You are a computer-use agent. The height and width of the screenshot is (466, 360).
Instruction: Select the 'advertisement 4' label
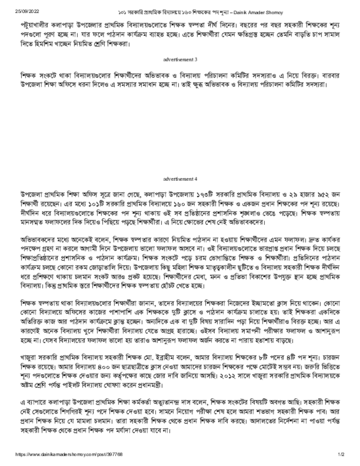coord(180,179)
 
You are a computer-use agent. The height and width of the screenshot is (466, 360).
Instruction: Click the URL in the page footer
coord(68,455)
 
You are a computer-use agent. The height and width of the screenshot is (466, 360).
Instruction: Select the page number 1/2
coord(341,455)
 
